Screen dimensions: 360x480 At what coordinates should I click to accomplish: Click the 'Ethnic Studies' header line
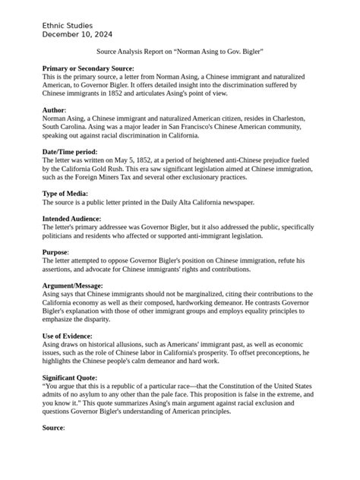[69, 26]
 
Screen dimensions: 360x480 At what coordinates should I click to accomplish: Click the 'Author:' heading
[55, 111]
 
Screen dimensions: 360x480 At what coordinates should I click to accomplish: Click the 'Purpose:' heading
[56, 252]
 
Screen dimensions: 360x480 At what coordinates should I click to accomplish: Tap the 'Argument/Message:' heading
[73, 286]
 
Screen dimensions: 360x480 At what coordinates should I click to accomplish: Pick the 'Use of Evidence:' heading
[69, 335]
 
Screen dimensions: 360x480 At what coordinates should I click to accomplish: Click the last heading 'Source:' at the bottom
[54, 427]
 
